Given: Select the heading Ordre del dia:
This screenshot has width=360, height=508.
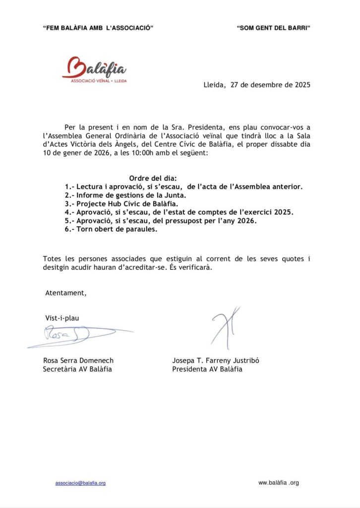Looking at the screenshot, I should click(153, 178).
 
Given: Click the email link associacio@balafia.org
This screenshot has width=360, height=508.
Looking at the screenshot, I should click(80, 483).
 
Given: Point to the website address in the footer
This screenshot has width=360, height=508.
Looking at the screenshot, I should click(279, 483).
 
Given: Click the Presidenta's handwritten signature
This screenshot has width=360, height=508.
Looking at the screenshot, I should click(226, 327).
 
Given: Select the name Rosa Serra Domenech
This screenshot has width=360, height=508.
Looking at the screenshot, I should click(78, 361).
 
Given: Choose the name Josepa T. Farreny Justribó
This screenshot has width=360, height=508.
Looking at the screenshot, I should click(216, 361).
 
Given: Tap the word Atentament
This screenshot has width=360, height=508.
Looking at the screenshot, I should click(66, 293).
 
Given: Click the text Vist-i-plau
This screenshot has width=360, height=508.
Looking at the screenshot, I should click(62, 318).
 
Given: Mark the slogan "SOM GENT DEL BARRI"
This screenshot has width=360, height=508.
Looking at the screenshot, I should click(274, 28).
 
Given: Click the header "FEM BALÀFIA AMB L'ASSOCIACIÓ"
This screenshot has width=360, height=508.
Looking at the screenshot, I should click(98, 28).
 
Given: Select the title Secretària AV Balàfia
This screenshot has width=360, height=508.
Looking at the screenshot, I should click(77, 370).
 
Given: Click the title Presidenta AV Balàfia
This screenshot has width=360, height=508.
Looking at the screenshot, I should click(207, 370).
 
